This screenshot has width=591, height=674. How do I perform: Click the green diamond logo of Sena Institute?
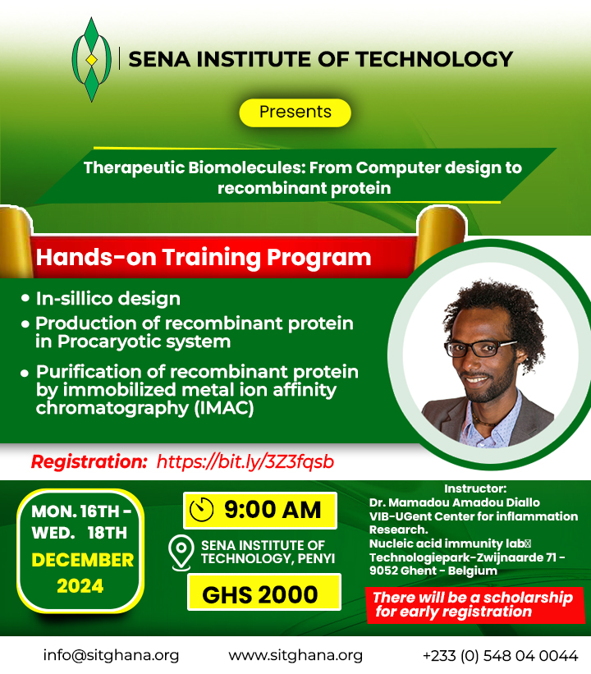[91, 59]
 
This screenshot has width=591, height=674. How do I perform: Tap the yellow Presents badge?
[295, 112]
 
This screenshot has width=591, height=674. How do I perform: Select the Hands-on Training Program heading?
[204, 258]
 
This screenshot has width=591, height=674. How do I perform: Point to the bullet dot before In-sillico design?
[25, 298]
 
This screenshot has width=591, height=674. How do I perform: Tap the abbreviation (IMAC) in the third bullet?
[224, 408]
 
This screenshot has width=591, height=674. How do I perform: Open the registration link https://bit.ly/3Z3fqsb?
[245, 461]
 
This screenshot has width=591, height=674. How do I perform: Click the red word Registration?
[89, 461]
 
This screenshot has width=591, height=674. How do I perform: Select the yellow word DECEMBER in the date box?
[83, 560]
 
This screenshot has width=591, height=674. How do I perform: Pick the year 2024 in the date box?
[80, 586]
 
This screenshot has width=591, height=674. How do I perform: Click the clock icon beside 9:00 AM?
[202, 511]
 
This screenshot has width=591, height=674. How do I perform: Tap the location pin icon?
[181, 552]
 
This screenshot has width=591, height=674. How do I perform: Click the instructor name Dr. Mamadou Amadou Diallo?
[454, 502]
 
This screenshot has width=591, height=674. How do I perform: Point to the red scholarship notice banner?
[475, 605]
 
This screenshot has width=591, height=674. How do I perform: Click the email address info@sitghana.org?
[111, 655]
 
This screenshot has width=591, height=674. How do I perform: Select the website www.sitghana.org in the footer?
[295, 655]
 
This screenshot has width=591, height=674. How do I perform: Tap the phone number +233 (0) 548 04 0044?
[501, 656]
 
